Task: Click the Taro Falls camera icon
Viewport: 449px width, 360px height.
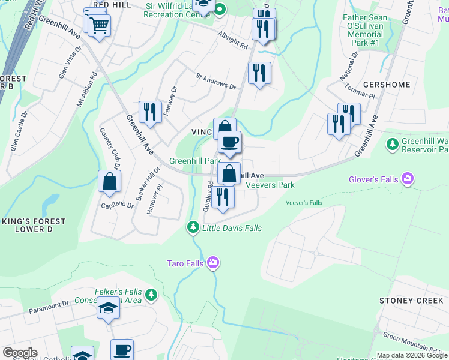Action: (213, 263)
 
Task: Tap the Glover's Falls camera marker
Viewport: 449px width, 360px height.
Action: (408, 178)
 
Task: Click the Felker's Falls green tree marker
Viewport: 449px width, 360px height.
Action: (151, 294)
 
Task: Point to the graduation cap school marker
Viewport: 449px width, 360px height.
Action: (108, 308)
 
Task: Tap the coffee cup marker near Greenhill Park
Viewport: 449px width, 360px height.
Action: (229, 142)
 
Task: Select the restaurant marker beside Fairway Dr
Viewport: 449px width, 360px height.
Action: (150, 112)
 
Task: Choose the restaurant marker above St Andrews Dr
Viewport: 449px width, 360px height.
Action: (259, 73)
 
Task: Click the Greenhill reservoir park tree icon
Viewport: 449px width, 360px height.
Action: (393, 144)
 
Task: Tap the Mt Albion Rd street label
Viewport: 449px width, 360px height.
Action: (86, 91)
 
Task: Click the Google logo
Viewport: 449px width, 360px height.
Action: (20, 353)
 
